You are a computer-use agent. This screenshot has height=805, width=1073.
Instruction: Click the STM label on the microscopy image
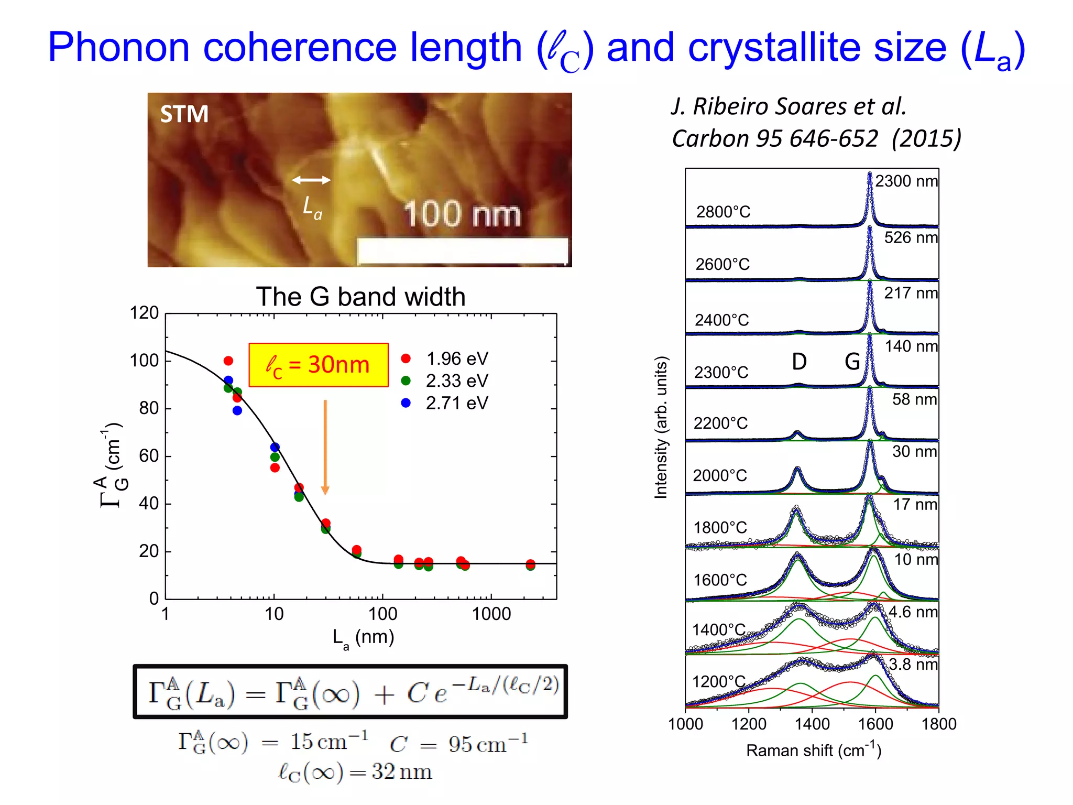tap(184, 114)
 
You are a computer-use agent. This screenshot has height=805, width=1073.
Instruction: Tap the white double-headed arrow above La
tap(311, 180)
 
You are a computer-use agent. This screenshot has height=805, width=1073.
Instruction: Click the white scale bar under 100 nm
tap(462, 251)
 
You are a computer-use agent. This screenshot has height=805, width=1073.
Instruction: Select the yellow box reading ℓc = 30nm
tap(319, 365)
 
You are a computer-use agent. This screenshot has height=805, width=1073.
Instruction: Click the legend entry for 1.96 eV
tap(445, 358)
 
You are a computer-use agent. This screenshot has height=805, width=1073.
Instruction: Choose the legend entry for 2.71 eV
tap(445, 403)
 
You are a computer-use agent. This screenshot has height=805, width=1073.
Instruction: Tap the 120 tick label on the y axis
tap(144, 313)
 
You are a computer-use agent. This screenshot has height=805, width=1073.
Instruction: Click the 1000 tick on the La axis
tap(491, 614)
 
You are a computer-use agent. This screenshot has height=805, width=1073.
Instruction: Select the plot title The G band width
tap(360, 297)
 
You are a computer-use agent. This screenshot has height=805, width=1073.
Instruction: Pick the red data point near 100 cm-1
tap(228, 361)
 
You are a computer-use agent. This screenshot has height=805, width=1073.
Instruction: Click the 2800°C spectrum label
tap(723, 212)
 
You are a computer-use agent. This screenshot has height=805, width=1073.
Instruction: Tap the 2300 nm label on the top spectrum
tap(906, 181)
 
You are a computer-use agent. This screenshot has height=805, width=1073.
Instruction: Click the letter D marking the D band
tap(799, 362)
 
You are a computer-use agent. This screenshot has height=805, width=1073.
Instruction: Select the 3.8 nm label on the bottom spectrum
tap(913, 664)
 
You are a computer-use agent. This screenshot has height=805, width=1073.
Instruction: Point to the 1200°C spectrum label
tap(718, 681)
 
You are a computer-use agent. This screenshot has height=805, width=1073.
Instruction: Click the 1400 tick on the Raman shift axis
tap(812, 724)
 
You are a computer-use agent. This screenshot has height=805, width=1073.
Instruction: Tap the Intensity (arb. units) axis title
tap(661, 427)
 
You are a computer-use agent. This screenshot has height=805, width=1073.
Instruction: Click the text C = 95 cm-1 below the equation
tap(459, 744)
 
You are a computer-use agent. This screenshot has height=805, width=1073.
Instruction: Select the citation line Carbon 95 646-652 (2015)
tap(816, 138)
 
